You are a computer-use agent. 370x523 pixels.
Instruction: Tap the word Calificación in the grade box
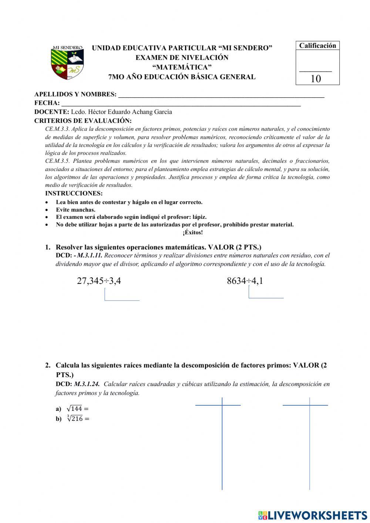[317, 46]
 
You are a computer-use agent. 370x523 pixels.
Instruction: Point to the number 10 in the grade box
[316, 79]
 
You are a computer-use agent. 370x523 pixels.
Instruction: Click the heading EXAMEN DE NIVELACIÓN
[182, 58]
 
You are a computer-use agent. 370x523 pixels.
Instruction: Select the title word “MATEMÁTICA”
[182, 67]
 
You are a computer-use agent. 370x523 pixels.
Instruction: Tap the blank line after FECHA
[181, 104]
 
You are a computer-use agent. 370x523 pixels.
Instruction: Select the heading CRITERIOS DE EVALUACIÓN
[83, 121]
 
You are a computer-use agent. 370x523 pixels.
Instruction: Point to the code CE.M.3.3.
[57, 129]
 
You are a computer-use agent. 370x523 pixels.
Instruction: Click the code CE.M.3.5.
[57, 161]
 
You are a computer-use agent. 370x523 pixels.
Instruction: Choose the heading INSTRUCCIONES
[74, 193]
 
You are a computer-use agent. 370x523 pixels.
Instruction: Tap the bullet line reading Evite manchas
[75, 210]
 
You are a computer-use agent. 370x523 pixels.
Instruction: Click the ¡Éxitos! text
[192, 232]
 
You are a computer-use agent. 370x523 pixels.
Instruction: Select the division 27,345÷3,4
[99, 281]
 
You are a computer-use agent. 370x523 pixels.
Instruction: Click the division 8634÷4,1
[245, 281]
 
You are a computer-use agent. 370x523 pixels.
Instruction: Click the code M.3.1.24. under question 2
[87, 384]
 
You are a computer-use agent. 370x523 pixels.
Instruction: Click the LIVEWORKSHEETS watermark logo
[313, 515]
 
